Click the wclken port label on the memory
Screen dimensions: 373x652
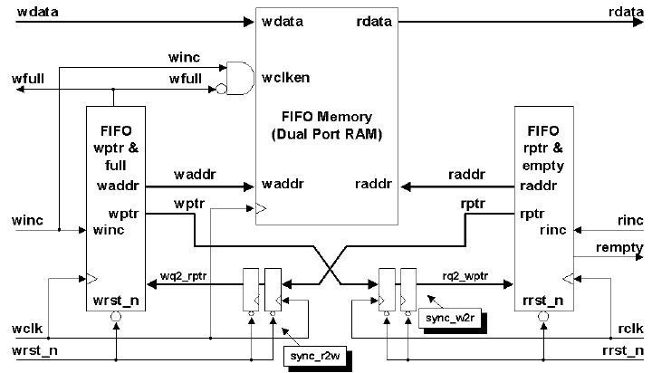[x=286, y=77]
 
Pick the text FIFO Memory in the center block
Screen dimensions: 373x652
[x=327, y=118]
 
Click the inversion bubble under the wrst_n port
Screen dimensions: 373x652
[x=117, y=316]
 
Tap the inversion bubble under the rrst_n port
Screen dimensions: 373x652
[x=542, y=316]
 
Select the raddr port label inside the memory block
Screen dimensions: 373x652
[x=373, y=185]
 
